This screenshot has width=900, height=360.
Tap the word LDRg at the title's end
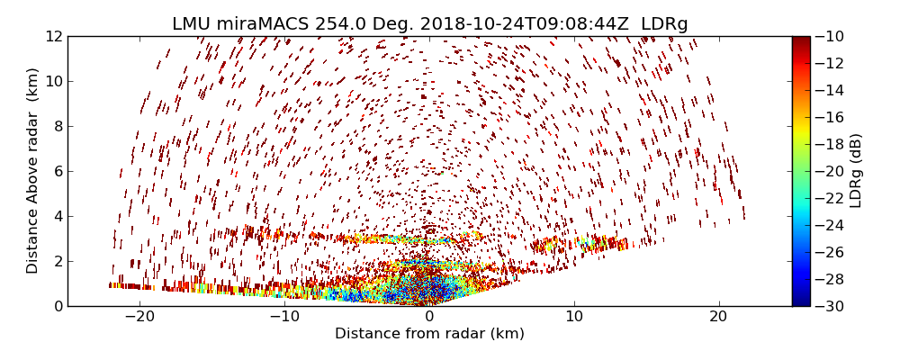663,24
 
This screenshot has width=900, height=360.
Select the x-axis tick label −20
139,317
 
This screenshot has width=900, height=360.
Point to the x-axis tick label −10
284,317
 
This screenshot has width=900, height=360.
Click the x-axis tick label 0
429,317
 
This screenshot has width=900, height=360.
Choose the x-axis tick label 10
574,317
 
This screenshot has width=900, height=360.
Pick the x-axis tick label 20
719,317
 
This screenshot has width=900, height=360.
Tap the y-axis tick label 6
57,171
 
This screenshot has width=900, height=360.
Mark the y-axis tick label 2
57,261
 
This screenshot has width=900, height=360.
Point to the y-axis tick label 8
57,126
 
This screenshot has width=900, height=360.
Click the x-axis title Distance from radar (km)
429,334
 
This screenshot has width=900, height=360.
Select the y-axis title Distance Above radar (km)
33,171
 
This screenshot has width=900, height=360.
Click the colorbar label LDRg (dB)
856,171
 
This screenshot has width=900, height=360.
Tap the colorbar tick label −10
833,36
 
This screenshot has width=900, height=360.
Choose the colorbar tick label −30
833,306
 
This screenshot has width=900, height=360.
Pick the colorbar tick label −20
833,171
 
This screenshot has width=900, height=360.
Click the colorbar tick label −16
833,117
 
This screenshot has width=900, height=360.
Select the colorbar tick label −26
833,252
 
